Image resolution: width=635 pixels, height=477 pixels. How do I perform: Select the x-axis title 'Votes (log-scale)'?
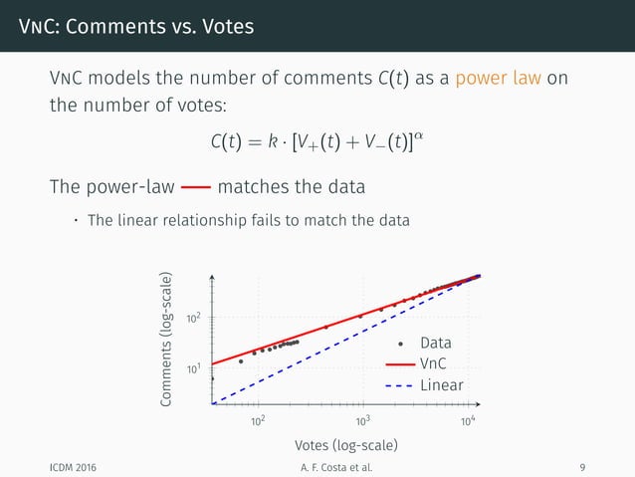345,443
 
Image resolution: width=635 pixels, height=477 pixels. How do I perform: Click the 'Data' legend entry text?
436,345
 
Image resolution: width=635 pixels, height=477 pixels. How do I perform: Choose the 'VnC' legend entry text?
433,363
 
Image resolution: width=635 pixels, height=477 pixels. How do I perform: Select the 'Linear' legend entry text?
442,384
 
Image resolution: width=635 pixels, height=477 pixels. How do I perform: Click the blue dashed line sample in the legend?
399,384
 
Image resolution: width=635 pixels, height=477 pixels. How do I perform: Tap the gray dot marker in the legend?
399,345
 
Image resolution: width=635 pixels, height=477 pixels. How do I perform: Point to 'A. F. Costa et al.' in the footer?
317,466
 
